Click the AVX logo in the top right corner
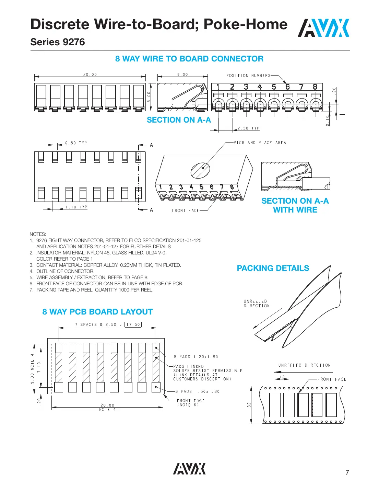(323, 28)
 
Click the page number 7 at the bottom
(347, 473)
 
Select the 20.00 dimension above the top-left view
(90, 75)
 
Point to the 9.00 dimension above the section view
(182, 75)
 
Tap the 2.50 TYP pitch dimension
(248, 128)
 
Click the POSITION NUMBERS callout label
(248, 76)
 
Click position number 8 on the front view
(315, 87)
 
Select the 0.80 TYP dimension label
(76, 143)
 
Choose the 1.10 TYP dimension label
(77, 207)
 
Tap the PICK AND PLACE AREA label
(260, 142)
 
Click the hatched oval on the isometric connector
(200, 169)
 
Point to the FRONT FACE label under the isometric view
(186, 210)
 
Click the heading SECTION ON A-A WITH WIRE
(295, 205)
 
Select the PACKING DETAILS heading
(273, 268)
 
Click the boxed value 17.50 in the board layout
(133, 324)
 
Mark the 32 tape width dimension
(249, 405)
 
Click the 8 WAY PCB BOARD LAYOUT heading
(97, 312)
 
